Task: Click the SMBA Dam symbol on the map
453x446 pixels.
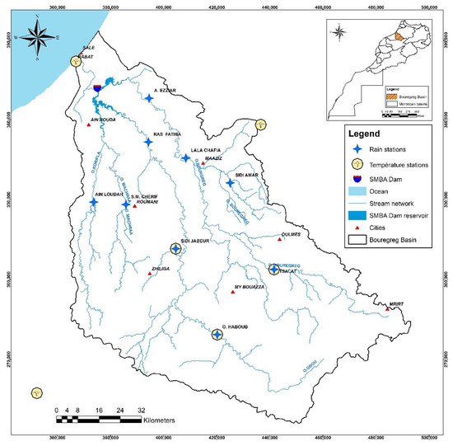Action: tap(98, 87)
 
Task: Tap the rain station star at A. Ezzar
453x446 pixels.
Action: tap(149, 99)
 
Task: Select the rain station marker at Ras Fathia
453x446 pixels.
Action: tap(148, 142)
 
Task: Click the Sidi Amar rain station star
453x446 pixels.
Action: tap(229, 184)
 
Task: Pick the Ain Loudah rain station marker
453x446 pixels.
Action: tap(93, 202)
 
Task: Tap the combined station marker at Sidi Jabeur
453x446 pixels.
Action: tap(175, 248)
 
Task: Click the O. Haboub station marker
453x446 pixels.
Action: tap(217, 334)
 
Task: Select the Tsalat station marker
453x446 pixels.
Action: tap(274, 268)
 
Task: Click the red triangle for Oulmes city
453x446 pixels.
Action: tap(279, 240)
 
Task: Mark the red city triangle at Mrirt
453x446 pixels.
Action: tap(390, 309)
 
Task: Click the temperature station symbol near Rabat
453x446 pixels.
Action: tap(75, 61)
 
